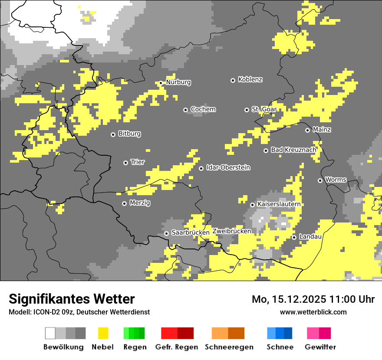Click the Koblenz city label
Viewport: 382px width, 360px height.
[250, 80]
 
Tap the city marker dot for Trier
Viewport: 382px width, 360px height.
[126, 163]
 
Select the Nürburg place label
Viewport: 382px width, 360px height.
[178, 82]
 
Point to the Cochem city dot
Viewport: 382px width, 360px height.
[185, 110]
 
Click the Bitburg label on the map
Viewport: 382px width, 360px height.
[129, 134]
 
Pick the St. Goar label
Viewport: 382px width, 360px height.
[264, 109]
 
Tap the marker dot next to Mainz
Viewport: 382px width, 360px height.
[307, 130]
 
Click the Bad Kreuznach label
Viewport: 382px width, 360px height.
[293, 150]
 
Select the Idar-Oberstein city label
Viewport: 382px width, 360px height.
[228, 168]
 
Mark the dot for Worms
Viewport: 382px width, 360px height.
[320, 180]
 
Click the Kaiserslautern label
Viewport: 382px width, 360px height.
[279, 204]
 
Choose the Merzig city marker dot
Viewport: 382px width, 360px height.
[125, 203]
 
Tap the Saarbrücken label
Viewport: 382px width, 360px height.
[190, 233]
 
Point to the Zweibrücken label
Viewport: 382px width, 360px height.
[232, 231]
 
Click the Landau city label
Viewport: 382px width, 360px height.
[310, 237]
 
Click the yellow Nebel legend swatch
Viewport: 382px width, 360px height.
[103, 333]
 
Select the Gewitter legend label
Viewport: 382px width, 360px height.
[320, 347]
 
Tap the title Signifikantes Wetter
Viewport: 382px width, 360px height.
[72, 299]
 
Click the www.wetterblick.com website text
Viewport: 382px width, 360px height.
[313, 312]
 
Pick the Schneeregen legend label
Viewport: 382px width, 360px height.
[229, 347]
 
